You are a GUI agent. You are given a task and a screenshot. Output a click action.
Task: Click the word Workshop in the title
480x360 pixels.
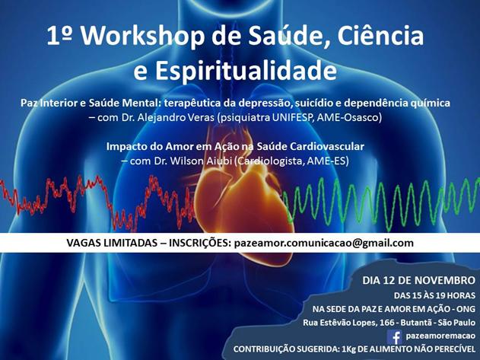(143, 37)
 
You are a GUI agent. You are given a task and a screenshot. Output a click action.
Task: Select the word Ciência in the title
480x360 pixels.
(380, 37)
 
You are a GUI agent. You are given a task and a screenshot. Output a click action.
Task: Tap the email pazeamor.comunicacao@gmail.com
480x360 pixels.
(323, 243)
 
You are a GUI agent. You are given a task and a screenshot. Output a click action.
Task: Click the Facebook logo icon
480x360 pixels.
(395, 337)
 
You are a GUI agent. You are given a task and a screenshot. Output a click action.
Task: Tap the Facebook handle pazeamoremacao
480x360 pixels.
(440, 336)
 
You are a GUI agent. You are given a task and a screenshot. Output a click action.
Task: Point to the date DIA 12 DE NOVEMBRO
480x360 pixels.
(419, 280)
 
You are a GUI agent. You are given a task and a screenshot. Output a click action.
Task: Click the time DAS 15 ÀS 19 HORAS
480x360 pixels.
(434, 295)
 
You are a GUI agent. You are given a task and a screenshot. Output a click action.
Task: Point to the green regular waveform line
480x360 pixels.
(382, 205)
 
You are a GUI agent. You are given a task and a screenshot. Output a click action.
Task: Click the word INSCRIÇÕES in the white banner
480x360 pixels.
(199, 243)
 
